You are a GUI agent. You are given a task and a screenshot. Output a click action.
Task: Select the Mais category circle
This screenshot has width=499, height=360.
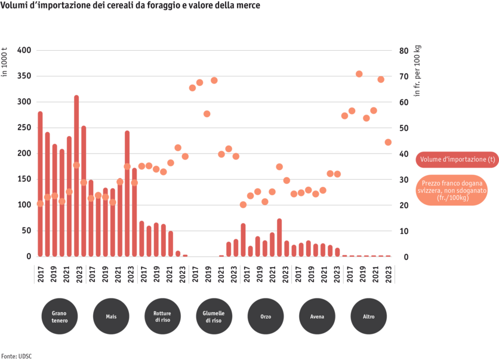[111, 316]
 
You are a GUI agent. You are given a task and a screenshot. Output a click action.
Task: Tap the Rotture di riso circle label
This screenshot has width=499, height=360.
[162, 316]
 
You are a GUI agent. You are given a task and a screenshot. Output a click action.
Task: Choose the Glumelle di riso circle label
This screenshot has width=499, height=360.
[214, 316]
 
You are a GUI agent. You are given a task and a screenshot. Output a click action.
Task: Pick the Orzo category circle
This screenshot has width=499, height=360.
[266, 316]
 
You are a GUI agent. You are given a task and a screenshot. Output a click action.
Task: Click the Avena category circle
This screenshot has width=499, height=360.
[317, 316]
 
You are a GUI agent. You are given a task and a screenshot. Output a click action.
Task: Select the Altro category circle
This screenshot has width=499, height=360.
[368, 316]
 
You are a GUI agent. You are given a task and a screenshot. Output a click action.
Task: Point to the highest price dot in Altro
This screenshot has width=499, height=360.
[359, 74]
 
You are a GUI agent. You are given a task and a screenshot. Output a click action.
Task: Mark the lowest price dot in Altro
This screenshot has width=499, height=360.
[388, 142]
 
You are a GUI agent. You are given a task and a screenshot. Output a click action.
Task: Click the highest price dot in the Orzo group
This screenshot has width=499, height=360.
[279, 167]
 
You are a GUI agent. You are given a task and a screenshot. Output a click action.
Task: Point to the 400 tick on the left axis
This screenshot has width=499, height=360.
[24, 51]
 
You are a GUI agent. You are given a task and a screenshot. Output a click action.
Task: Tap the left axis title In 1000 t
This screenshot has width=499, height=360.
[5, 66]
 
